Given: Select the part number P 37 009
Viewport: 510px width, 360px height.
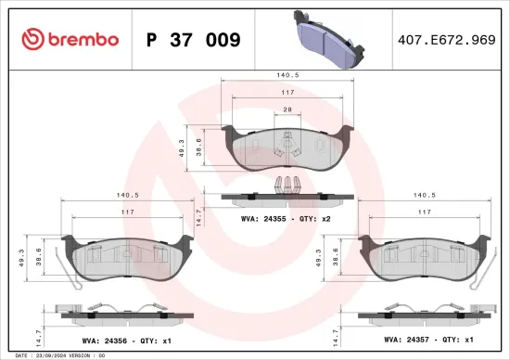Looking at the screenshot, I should [x=194, y=40].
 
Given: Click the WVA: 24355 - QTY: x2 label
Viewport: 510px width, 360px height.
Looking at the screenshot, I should [x=287, y=219].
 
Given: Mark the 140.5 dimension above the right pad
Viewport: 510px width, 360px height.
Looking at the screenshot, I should [x=424, y=196].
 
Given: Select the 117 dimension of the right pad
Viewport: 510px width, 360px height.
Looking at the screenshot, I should [x=424, y=213].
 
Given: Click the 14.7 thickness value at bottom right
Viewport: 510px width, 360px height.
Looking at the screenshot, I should [x=333, y=332].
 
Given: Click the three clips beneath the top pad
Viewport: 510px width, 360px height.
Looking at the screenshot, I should [x=289, y=183].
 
